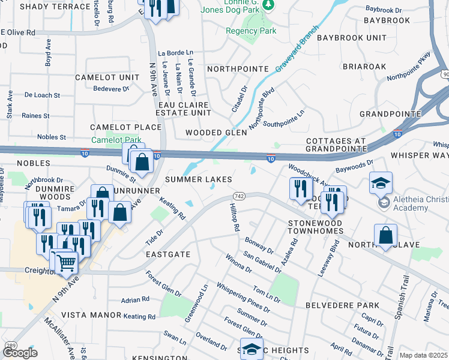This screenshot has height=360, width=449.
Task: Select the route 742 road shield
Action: point(239,197)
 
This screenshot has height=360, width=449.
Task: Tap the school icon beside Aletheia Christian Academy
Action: point(379,184)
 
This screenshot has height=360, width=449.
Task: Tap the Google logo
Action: point(20,353)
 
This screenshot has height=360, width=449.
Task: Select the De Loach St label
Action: point(42,95)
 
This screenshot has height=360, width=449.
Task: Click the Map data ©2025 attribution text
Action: point(423,355)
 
